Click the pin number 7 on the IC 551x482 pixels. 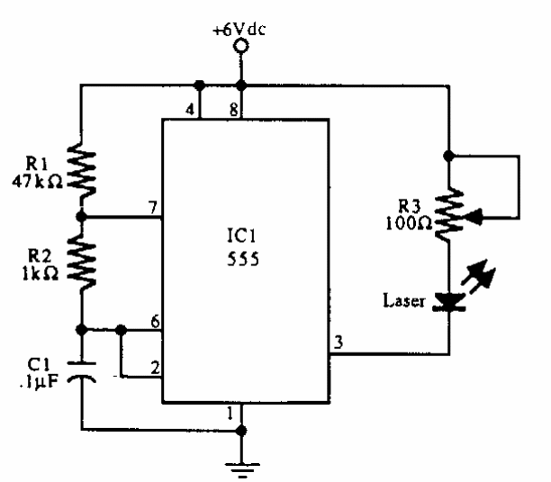154,208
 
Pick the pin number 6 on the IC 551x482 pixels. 154,320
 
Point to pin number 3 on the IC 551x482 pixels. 339,343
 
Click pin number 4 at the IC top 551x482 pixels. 190,110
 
